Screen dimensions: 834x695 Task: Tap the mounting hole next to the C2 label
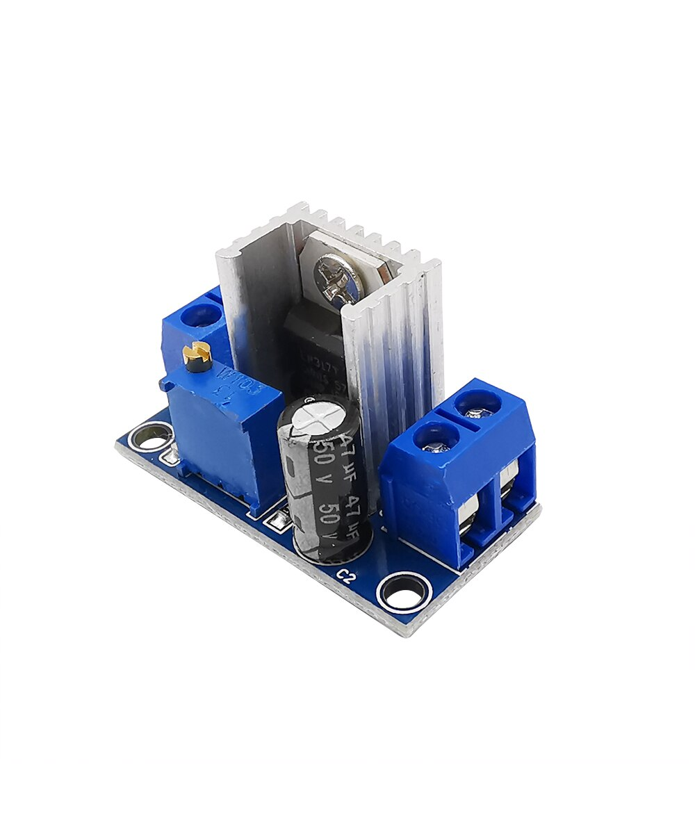[404, 593]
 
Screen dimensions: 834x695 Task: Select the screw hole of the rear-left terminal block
[200, 314]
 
